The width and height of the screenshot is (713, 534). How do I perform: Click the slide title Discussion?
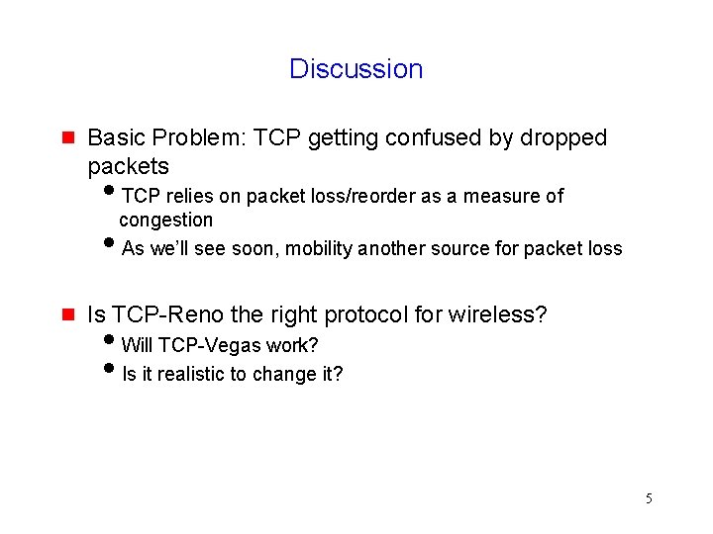tap(356, 69)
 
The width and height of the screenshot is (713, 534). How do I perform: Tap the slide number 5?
tap(649, 498)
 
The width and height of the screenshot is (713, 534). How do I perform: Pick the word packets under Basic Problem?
tap(128, 166)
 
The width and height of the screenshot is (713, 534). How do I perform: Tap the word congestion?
tap(165, 220)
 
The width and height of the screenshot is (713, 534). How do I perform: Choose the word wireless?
tap(497, 315)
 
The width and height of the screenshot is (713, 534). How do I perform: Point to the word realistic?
tap(192, 375)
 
